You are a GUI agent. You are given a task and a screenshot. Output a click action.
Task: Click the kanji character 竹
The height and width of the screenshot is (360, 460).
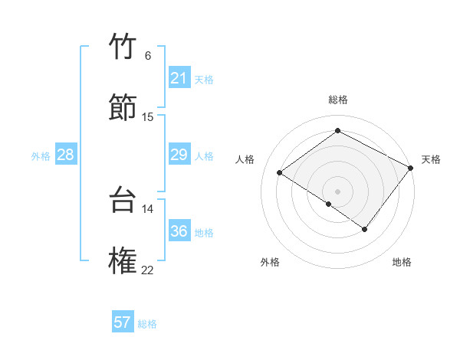point(123,47)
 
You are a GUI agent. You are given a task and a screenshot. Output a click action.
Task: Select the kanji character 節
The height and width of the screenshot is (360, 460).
point(123,108)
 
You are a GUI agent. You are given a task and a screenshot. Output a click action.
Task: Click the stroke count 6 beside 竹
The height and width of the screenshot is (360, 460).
point(148,56)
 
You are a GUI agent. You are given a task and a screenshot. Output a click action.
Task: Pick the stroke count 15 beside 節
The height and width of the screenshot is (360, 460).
point(148,117)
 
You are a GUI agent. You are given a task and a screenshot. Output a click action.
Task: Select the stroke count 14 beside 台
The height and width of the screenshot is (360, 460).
point(148,208)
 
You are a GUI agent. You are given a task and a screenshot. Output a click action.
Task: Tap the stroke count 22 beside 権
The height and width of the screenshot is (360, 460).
point(148,270)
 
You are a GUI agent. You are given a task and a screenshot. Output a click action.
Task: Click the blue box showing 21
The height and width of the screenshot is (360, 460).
point(179,78)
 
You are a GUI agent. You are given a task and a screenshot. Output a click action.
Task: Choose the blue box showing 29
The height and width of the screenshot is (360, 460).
point(179,155)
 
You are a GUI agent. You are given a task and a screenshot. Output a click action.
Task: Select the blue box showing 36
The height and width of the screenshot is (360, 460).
point(179,231)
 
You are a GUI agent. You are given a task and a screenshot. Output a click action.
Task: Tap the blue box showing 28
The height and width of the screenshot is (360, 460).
point(65,155)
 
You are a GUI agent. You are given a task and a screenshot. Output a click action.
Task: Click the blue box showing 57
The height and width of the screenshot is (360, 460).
point(123,322)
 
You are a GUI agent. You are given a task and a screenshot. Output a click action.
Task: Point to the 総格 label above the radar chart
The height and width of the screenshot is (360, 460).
point(337,100)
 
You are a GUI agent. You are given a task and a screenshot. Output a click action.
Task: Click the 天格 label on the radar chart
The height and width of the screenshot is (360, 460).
point(431,159)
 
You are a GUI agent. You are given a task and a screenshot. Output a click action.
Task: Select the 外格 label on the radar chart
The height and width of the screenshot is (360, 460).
point(270,262)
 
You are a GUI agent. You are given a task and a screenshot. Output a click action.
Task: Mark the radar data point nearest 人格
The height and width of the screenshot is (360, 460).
point(280,172)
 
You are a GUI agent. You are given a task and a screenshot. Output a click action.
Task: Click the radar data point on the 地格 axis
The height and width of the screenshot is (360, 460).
point(365,229)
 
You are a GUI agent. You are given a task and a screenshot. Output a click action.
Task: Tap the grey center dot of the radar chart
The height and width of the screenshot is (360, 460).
point(337,191)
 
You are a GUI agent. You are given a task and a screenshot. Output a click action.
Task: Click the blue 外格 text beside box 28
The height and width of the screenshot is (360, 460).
point(41,156)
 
